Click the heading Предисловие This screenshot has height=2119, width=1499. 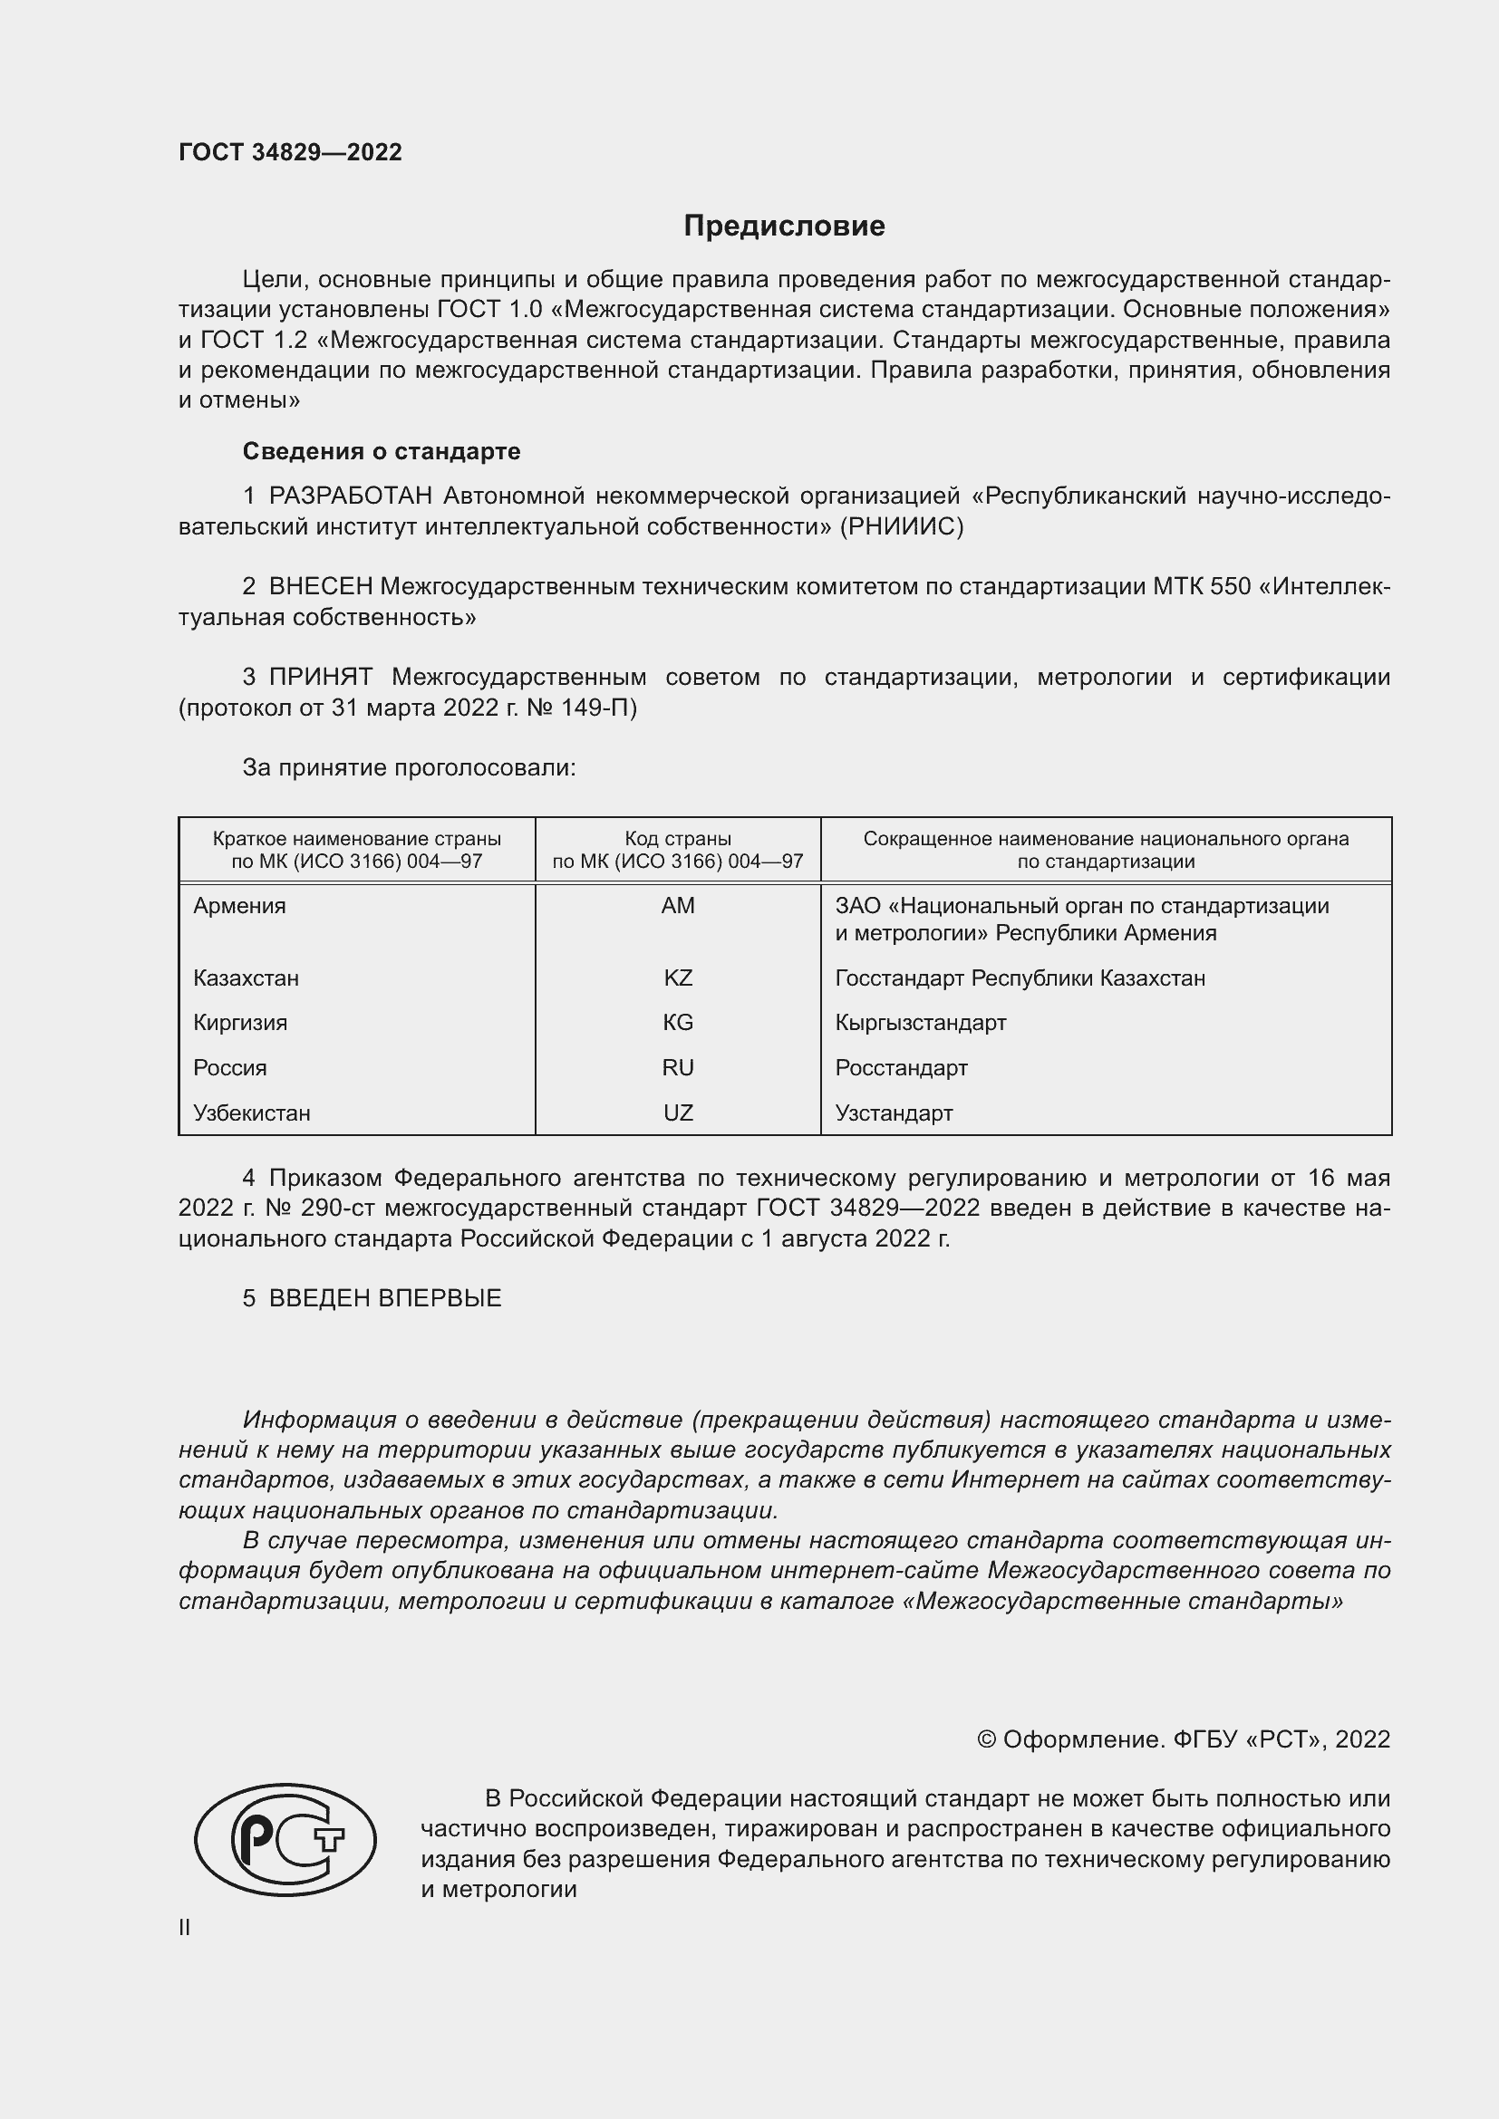tap(784, 226)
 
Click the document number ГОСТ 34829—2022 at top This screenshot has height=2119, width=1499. tap(290, 152)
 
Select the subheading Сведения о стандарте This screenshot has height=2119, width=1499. tap(382, 451)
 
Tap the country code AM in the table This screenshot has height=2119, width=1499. tap(678, 905)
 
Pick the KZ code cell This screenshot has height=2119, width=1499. tap(678, 978)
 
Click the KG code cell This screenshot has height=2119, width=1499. tap(678, 1023)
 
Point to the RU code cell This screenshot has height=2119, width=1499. tap(678, 1068)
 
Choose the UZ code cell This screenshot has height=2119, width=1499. tap(678, 1113)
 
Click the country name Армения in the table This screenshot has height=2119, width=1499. tap(239, 905)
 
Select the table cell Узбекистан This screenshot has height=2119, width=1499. tap(251, 1113)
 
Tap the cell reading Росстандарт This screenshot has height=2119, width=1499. tap(901, 1068)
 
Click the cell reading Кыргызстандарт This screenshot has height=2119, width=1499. tap(920, 1023)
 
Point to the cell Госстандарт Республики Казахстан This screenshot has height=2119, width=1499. tap(1019, 978)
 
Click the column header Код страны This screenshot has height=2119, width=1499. tap(678, 839)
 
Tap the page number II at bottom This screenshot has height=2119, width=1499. tap(185, 1927)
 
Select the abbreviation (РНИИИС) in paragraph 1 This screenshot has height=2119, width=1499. tap(901, 527)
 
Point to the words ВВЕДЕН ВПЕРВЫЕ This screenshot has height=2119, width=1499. tap(385, 1297)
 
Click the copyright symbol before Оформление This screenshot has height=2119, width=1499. tap(986, 1739)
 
